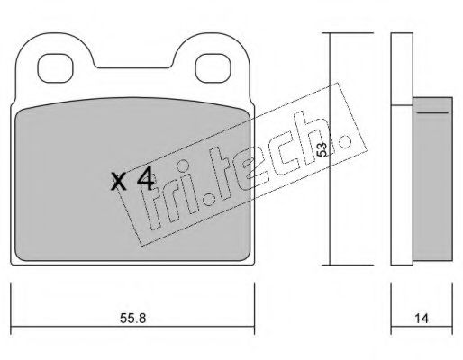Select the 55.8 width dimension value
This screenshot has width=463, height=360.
tap(132, 318)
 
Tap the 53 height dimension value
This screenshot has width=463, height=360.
tap(322, 149)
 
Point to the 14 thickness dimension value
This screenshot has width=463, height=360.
tap(422, 319)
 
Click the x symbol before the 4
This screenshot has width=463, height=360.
tap(119, 182)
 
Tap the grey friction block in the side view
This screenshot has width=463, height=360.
tap(432, 179)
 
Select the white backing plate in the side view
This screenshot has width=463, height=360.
tap(402, 148)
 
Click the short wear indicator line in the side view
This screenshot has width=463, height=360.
tap(432, 113)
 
